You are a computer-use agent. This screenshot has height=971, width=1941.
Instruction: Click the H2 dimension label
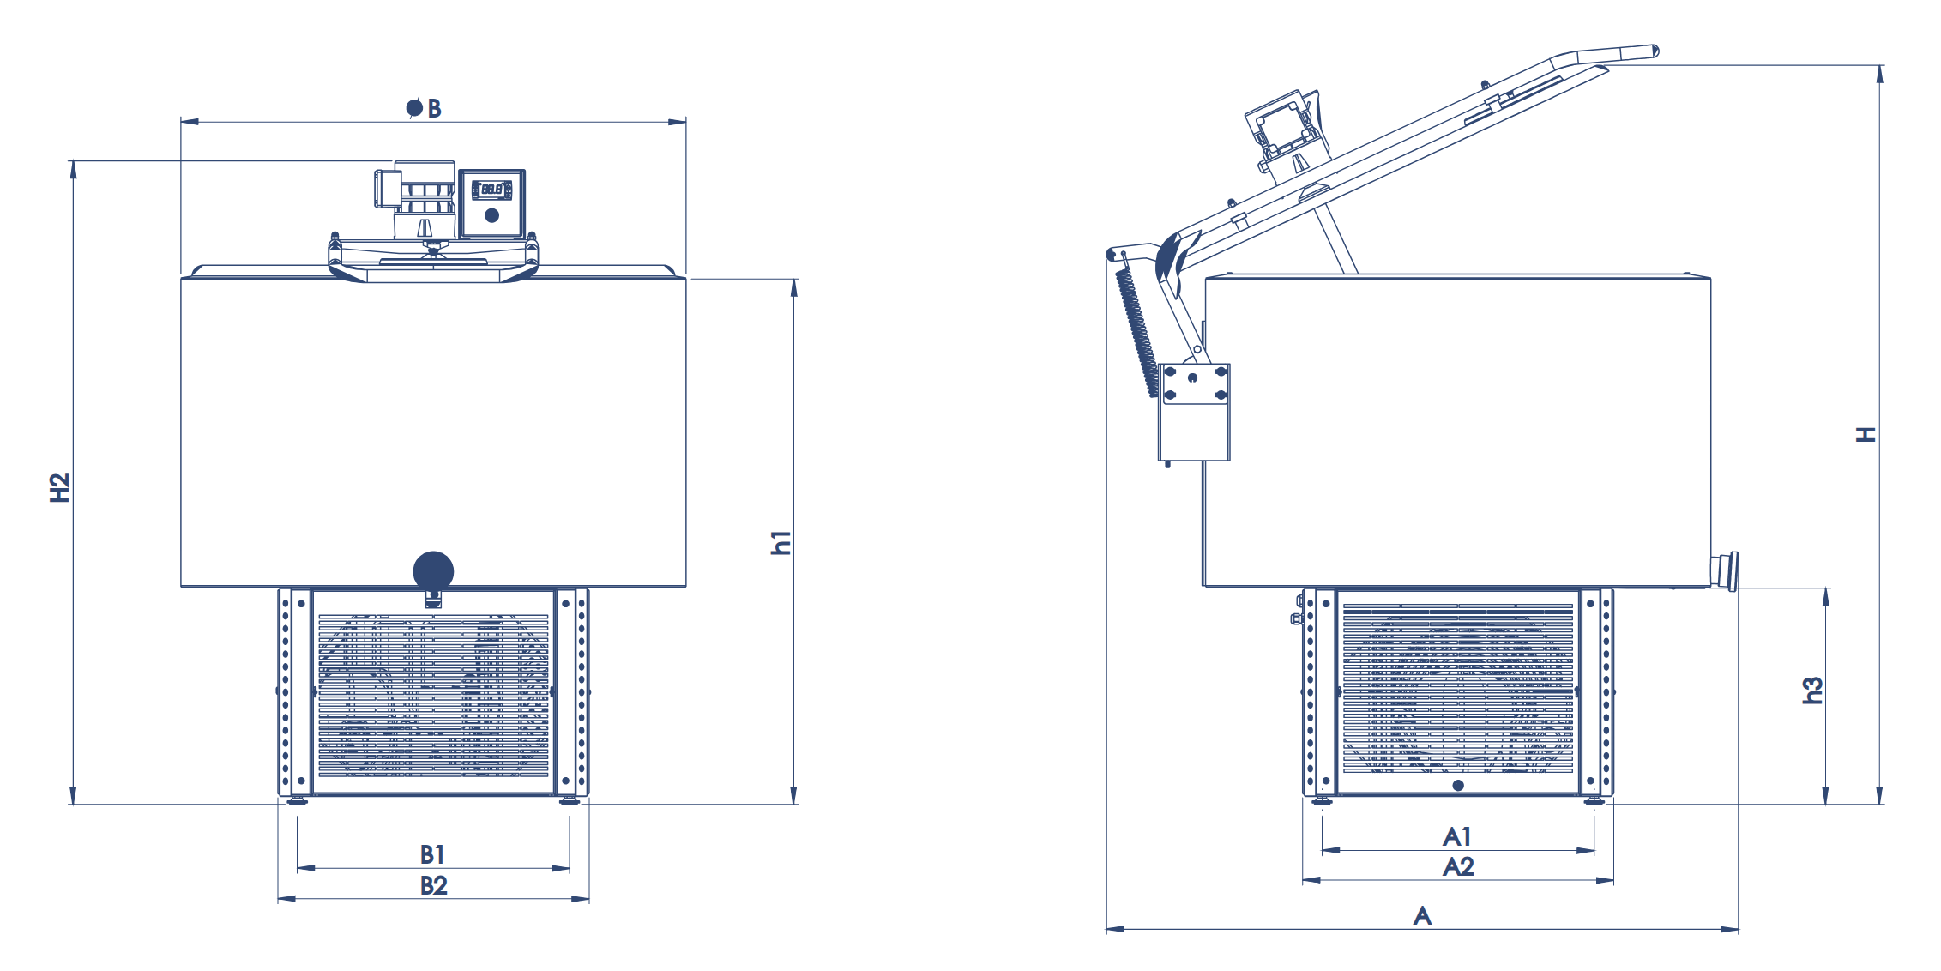(x=59, y=487)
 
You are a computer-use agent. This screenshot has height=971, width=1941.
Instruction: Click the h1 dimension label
(x=781, y=542)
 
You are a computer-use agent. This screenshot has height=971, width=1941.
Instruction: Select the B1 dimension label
(x=432, y=854)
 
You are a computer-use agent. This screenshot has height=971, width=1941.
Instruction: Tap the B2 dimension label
(x=434, y=885)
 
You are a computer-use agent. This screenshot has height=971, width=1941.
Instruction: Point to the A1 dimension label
(x=1457, y=836)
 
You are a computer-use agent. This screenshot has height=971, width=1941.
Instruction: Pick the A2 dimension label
(x=1458, y=866)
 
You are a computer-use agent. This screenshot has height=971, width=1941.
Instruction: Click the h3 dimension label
(x=1812, y=691)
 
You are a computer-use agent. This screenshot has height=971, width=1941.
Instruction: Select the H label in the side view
(x=1866, y=435)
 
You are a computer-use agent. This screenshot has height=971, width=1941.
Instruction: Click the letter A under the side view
(x=1422, y=915)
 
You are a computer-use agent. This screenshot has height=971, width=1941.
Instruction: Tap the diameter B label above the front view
(x=424, y=108)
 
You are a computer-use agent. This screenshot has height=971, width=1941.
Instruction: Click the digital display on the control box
(x=491, y=189)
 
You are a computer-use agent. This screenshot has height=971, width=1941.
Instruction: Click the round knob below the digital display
(x=491, y=215)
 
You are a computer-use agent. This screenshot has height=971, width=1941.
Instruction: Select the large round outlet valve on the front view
(x=433, y=571)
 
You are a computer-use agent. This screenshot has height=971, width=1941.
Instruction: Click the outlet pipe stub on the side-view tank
(x=1724, y=570)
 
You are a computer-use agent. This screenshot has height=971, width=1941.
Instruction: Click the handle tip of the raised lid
(x=1653, y=52)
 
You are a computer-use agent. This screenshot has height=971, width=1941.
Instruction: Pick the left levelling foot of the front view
(x=297, y=801)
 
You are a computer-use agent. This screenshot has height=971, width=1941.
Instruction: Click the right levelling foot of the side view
(x=1594, y=801)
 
